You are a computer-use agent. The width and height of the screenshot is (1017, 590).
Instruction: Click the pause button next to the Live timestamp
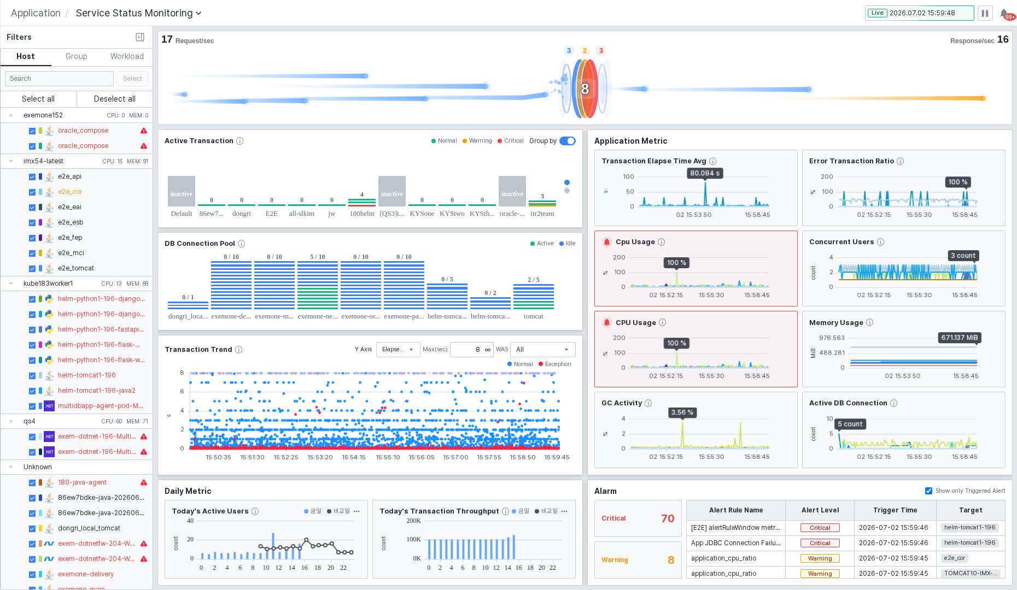(985, 13)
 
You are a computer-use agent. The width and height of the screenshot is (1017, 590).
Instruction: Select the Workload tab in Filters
(127, 56)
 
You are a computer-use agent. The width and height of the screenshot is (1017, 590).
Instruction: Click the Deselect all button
(115, 99)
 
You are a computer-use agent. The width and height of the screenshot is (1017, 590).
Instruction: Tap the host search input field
(59, 79)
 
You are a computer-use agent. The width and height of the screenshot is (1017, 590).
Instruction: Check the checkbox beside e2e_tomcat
(32, 268)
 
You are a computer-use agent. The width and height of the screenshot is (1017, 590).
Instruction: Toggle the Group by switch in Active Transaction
(568, 141)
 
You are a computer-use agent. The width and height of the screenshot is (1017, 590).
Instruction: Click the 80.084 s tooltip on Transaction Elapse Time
(705, 173)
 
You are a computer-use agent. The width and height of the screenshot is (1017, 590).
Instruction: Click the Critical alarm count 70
(668, 518)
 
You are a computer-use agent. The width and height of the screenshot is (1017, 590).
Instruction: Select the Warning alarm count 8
(671, 560)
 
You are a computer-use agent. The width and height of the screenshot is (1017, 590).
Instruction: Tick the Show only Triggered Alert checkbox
(928, 491)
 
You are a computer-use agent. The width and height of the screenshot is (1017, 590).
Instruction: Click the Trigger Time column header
(895, 510)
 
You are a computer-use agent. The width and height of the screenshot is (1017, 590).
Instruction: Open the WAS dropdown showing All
(542, 350)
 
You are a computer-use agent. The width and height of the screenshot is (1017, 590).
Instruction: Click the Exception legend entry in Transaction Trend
(555, 364)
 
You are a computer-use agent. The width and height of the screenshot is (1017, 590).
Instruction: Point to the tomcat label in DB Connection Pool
(534, 316)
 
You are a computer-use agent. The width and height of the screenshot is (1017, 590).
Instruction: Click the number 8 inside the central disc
(585, 88)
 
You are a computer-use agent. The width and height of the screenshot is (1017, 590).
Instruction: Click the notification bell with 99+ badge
(1004, 14)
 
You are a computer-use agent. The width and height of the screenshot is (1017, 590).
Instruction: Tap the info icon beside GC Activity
(648, 403)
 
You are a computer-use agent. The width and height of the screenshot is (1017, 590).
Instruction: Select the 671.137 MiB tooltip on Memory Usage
(959, 338)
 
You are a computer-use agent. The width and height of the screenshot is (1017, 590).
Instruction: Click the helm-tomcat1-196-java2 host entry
(97, 391)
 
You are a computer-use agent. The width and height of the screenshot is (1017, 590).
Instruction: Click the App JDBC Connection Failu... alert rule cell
(735, 543)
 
